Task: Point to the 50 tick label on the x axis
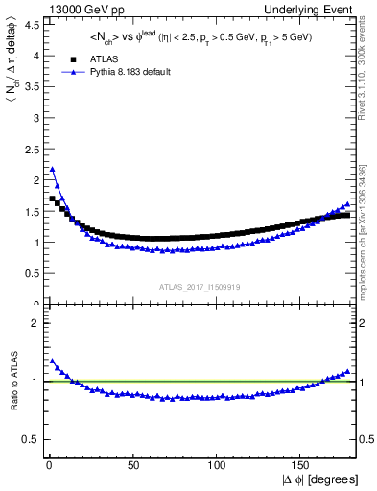[132, 465]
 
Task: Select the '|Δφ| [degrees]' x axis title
[319, 479]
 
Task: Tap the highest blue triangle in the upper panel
[52, 170]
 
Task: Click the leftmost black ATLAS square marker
[52, 199]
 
